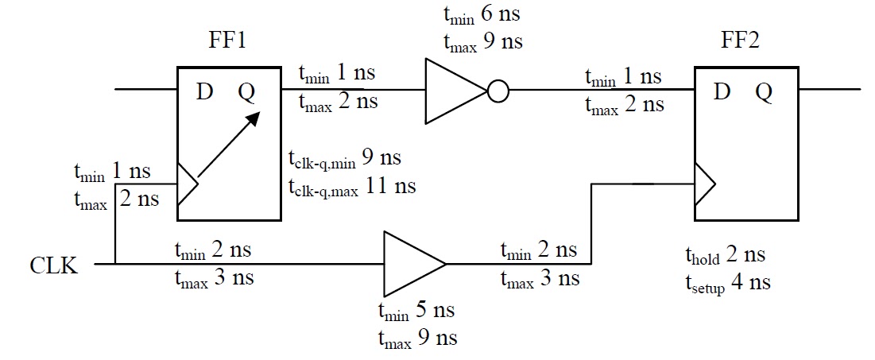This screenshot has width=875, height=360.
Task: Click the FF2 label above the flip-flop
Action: [x=737, y=41]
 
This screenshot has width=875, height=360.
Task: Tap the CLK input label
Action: [x=53, y=265]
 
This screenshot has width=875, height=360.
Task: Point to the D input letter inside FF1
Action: [x=205, y=92]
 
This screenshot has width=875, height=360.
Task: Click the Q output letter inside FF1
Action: [x=247, y=93]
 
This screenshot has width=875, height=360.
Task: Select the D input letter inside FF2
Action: [x=722, y=92]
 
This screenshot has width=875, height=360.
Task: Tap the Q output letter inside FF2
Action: [x=763, y=93]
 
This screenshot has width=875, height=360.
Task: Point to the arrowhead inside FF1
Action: [x=252, y=119]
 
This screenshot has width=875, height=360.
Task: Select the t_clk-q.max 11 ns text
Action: [x=351, y=188]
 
